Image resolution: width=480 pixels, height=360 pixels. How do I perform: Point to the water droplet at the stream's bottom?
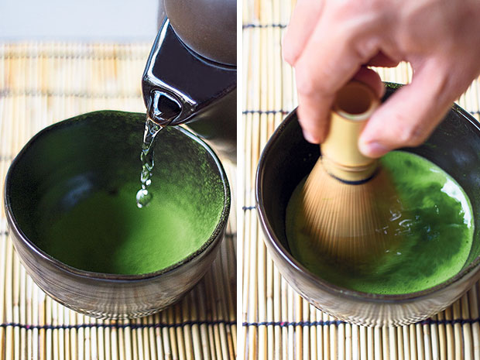point(143,198)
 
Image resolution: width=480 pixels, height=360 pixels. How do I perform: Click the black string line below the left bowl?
point(46,324)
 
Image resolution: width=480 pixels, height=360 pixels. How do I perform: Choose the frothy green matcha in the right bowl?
point(434,232)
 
